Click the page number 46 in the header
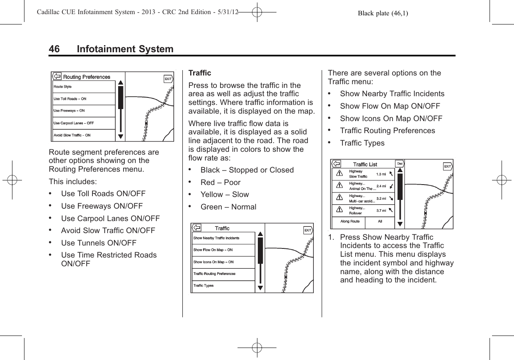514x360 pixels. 54,49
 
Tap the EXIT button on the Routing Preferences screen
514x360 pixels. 168,79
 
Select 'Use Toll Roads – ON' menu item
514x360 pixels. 70,99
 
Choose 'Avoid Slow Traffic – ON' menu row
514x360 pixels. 72,135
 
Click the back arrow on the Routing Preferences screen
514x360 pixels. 57,76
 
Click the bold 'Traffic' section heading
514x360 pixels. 200,73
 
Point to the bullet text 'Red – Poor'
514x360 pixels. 220,182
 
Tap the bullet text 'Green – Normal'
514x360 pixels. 228,207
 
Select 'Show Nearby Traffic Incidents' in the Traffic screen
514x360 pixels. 216,238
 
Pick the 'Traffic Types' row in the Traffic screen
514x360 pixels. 204,286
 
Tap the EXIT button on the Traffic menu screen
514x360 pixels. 308,230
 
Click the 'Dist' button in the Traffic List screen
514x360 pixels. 400,163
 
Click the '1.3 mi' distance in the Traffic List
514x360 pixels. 381,174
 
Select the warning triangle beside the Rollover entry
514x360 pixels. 339,210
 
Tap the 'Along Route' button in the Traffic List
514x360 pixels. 350,221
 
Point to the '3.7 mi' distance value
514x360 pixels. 381,211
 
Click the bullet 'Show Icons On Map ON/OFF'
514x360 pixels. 391,118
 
